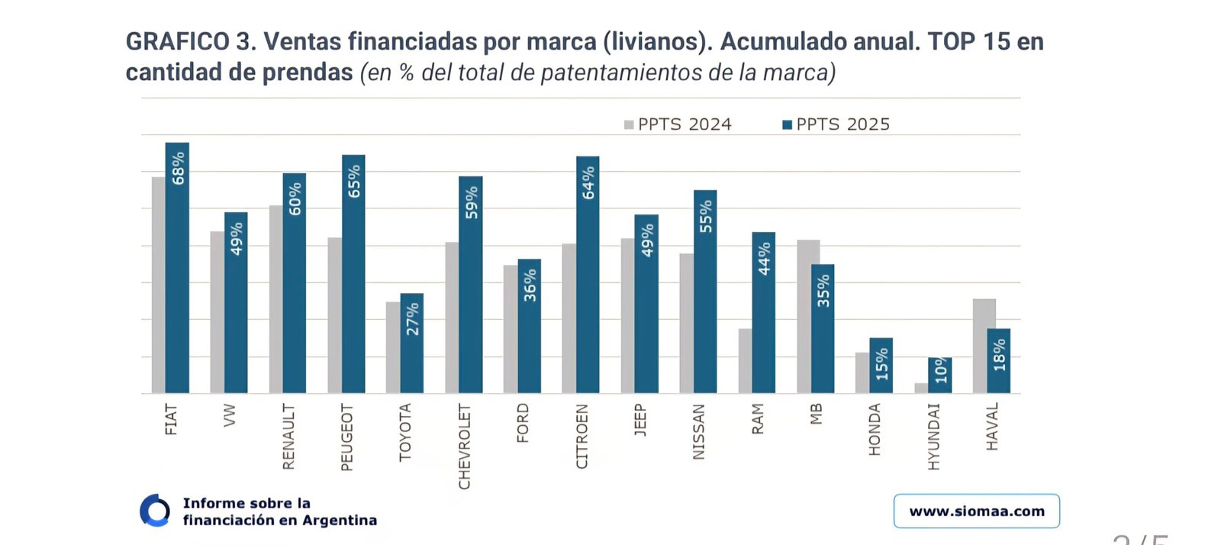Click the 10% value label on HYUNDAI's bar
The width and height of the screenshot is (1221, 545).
[x=941, y=370]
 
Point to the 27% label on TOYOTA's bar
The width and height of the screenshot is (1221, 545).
[x=413, y=319]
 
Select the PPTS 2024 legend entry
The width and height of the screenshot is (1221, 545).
[x=678, y=124]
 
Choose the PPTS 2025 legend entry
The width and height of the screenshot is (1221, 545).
[x=836, y=124]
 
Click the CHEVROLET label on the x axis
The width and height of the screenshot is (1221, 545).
[x=464, y=447]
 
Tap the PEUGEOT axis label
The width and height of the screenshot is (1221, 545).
[x=346, y=437]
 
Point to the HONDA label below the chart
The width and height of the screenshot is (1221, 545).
[x=875, y=430]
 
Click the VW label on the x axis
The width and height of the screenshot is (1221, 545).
[x=230, y=415]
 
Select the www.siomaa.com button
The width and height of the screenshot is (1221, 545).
[x=977, y=511]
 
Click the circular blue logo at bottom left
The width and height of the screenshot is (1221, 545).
[x=155, y=511]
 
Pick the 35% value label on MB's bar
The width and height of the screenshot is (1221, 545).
[x=823, y=291]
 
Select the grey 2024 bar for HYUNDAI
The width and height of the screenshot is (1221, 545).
[x=921, y=389]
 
